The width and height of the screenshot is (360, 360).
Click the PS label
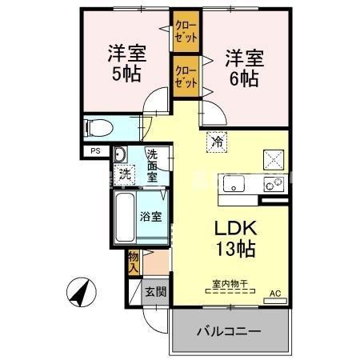(95, 150)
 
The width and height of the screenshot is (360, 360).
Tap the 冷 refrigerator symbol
(217, 142)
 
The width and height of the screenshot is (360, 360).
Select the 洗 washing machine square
(124, 171)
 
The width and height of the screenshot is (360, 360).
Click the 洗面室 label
(153, 166)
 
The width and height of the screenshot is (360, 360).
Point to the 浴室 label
(152, 217)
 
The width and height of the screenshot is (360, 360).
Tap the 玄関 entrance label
(155, 292)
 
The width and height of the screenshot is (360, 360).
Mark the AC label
(275, 293)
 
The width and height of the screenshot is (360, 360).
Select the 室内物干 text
(229, 283)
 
